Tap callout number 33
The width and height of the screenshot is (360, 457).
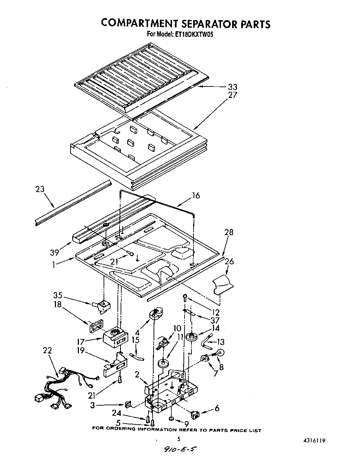pyautogui.click(x=232, y=87)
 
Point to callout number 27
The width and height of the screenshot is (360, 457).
pyautogui.click(x=232, y=95)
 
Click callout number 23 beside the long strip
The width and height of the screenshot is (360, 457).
pyautogui.click(x=40, y=190)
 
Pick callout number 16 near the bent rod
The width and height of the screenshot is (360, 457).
pyautogui.click(x=196, y=196)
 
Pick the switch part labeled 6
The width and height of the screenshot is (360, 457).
pyautogui.click(x=195, y=414)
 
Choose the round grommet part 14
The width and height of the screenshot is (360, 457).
pyautogui.click(x=191, y=336)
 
